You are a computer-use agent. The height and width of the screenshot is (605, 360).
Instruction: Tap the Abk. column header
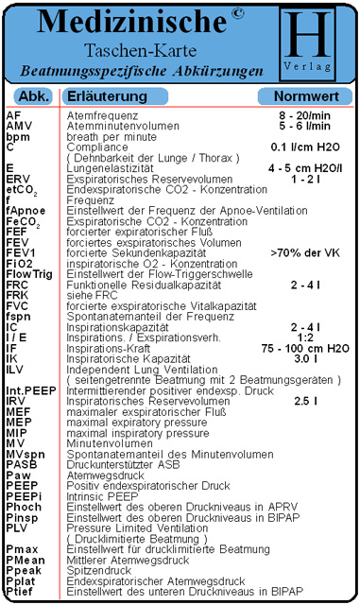[34, 96]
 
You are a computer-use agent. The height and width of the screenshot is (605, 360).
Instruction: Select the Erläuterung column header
[105, 96]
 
